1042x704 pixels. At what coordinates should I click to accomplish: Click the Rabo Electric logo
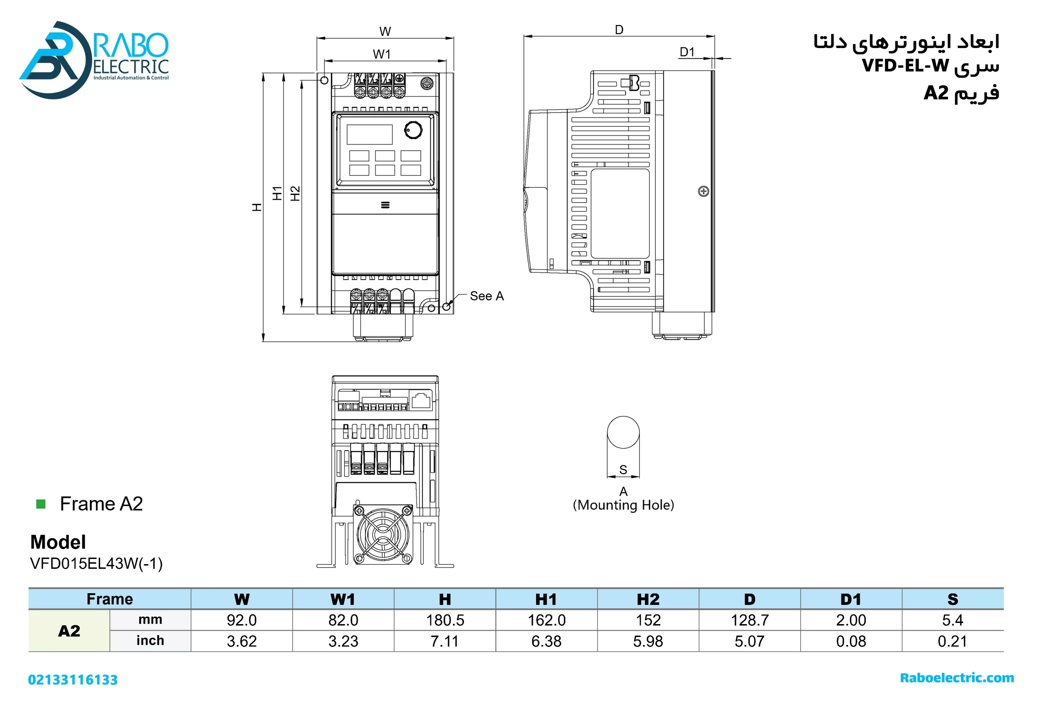(94, 59)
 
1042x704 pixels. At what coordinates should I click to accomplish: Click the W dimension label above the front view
(385, 31)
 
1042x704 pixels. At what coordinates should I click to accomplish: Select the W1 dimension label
(381, 54)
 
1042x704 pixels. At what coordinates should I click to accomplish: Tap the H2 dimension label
(295, 194)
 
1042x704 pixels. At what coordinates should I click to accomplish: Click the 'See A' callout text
(486, 296)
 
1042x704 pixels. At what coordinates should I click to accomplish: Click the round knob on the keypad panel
(413, 130)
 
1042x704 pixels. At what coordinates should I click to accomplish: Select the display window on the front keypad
(370, 134)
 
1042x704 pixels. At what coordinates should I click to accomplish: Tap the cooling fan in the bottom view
(383, 534)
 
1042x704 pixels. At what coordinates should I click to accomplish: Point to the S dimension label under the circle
(623, 469)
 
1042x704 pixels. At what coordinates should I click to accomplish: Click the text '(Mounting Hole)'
(623, 505)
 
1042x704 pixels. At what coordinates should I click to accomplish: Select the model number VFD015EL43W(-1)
(96, 563)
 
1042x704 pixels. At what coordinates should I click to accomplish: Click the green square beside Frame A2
(41, 504)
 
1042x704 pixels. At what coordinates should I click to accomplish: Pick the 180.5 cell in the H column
(445, 620)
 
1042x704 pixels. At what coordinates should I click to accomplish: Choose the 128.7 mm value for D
(750, 620)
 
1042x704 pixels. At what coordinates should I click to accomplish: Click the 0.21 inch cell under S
(952, 641)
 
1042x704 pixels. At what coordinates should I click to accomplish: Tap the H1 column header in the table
(546, 599)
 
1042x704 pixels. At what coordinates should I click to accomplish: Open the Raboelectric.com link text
(957, 678)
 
